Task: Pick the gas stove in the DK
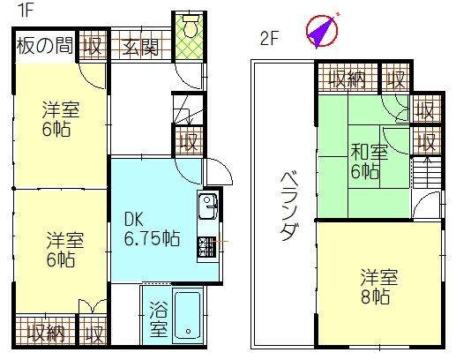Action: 208,247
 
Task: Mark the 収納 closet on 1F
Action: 44,334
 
